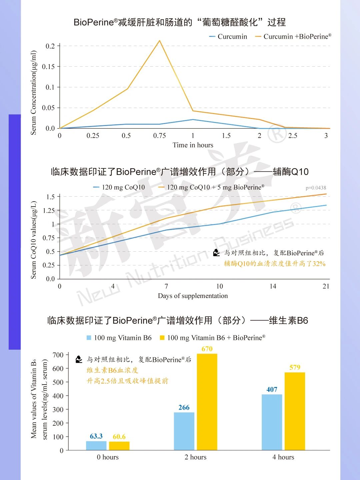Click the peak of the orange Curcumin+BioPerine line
[x=159, y=41]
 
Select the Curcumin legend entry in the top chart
[x=228, y=37]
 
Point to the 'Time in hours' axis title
[x=193, y=145]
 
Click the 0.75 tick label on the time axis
[x=159, y=136]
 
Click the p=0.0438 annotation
[x=316, y=188]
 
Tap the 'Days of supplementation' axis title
[x=193, y=296]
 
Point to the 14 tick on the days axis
[x=273, y=286]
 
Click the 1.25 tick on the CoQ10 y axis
[x=49, y=210]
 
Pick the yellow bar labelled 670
[x=207, y=402]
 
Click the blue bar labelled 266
[x=184, y=431]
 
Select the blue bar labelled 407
[x=272, y=422]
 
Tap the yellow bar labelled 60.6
[x=119, y=446]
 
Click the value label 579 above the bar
[x=295, y=367]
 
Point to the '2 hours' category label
[x=195, y=457]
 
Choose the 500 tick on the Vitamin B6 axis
[x=58, y=382]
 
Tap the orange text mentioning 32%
[x=274, y=264]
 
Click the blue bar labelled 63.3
[x=96, y=446]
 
